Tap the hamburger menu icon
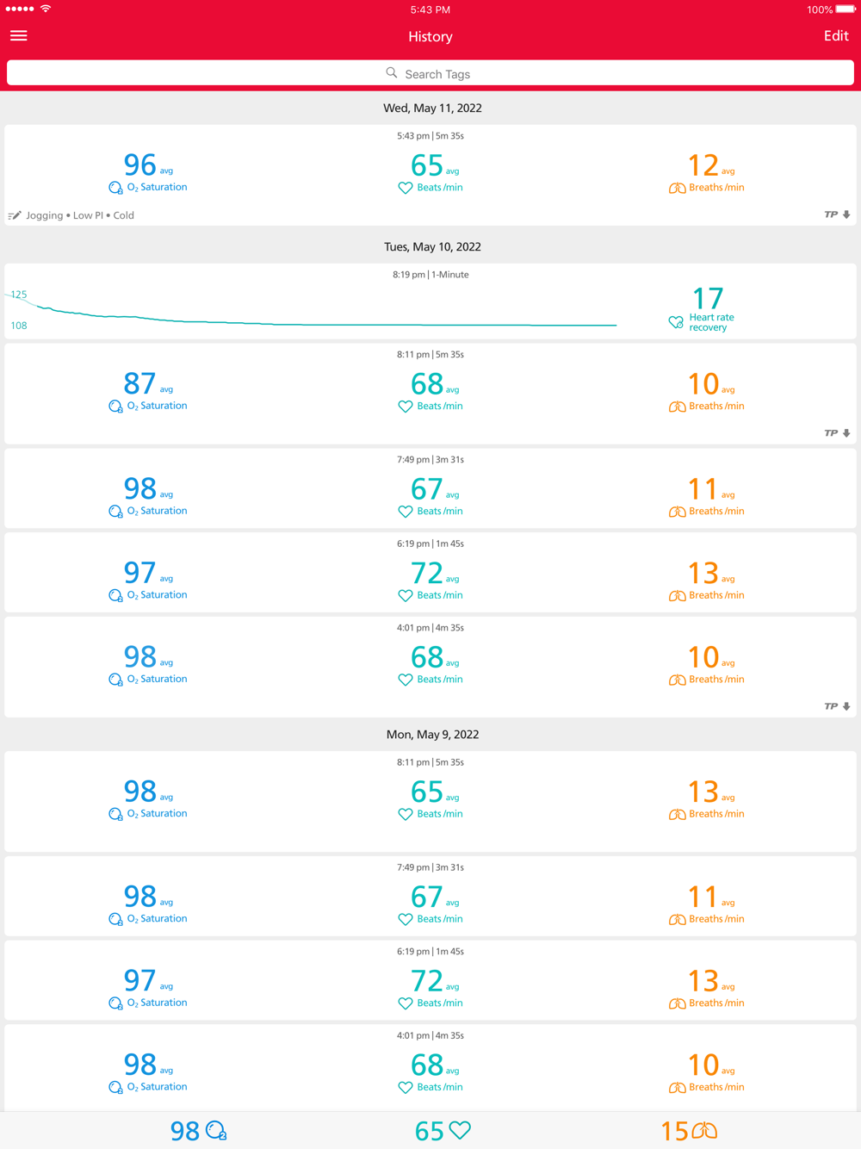[18, 36]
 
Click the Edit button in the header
[835, 36]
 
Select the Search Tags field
[430, 74]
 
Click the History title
[430, 37]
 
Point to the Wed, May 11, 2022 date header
[432, 109]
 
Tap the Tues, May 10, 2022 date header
[432, 247]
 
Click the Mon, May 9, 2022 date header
[432, 735]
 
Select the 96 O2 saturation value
[139, 165]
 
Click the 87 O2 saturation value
[139, 383]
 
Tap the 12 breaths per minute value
[703, 165]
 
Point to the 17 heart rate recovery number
[708, 299]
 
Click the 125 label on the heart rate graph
[19, 295]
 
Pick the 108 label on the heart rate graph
[19, 326]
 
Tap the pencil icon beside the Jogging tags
[15, 215]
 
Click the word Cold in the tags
[124, 215]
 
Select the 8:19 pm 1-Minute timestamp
[430, 275]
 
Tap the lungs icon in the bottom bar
[704, 1130]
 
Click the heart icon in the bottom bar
[460, 1130]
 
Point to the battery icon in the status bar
[845, 9]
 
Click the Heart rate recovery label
[711, 322]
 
